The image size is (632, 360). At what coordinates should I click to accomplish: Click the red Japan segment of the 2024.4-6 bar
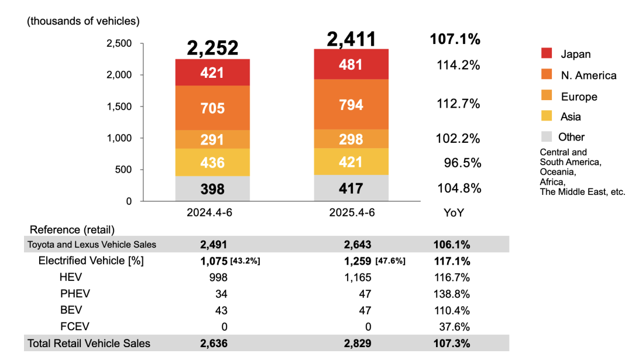click(x=212, y=73)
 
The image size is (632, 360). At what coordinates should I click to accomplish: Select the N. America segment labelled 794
click(x=351, y=105)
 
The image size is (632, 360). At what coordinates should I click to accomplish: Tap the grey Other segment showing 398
click(x=212, y=188)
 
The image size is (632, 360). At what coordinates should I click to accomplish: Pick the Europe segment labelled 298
click(x=351, y=139)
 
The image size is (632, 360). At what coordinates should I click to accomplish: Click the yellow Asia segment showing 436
click(x=212, y=162)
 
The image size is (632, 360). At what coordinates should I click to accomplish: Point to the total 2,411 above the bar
click(x=351, y=39)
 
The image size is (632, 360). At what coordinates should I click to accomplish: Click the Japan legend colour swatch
click(x=547, y=54)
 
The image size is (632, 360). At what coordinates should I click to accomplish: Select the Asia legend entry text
click(x=571, y=116)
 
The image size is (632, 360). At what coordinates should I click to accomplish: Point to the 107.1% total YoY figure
click(x=455, y=39)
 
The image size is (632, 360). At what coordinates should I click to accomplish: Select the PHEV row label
click(x=75, y=293)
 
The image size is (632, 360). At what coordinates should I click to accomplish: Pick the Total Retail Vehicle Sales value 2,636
click(x=213, y=344)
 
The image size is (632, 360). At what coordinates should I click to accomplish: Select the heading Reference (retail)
click(x=72, y=229)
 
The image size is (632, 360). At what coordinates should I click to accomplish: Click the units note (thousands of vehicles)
click(x=83, y=21)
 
